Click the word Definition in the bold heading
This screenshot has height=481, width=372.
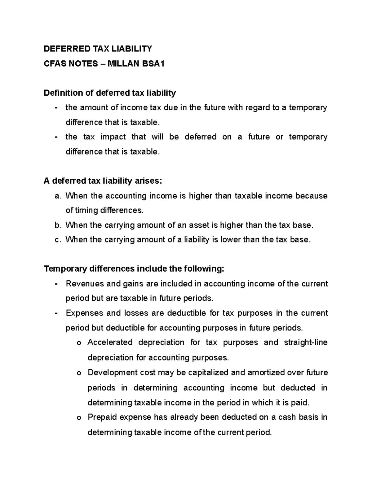coord(63,93)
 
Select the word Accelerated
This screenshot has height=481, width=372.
coord(110,343)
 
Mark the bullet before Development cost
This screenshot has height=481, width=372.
coord(78,373)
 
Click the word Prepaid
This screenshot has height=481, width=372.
coord(102,417)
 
